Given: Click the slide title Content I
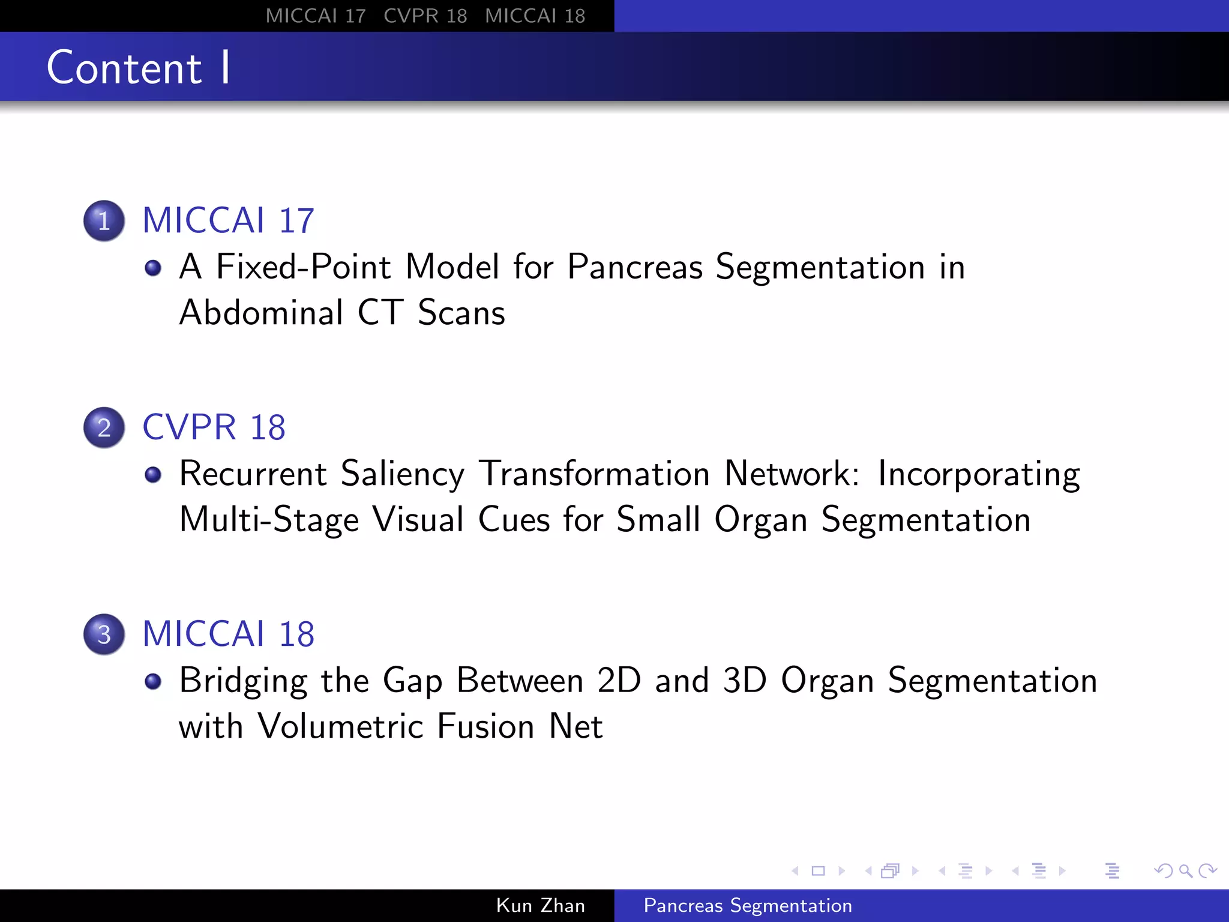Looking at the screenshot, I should pos(138,67).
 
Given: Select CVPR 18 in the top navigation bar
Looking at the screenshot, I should pos(425,16).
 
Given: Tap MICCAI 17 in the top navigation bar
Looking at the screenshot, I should pos(316,16).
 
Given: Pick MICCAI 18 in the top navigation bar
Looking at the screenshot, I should pos(535,16).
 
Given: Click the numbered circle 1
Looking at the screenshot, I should pos(104,220).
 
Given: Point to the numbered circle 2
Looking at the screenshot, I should pos(104,427).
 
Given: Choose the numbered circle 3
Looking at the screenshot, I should pos(104,634).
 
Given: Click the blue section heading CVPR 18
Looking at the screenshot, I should pos(214,427).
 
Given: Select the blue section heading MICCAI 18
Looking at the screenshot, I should pos(228,634).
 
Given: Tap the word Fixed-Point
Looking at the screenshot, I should pos(303,267).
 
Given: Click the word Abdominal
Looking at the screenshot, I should pos(261,313).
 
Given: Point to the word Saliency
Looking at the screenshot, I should pos(402,474).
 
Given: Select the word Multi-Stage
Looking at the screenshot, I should pos(269,520).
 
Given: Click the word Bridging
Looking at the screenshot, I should pos(243,681).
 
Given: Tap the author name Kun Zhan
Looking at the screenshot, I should pos(540,905).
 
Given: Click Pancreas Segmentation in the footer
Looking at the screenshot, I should pos(748,905).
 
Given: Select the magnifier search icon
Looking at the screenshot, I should pos(1185,870).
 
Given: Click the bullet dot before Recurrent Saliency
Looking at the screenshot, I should pos(153,474).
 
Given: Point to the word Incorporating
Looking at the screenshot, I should pos(979,474).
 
